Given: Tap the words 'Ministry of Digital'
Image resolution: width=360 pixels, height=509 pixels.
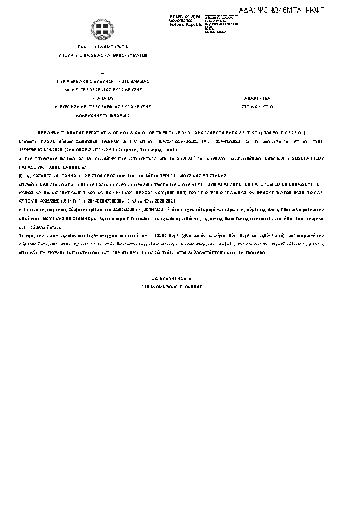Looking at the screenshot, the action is click(184, 16).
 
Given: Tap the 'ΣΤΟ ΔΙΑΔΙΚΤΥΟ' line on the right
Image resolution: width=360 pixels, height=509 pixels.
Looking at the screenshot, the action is click(254, 106).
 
